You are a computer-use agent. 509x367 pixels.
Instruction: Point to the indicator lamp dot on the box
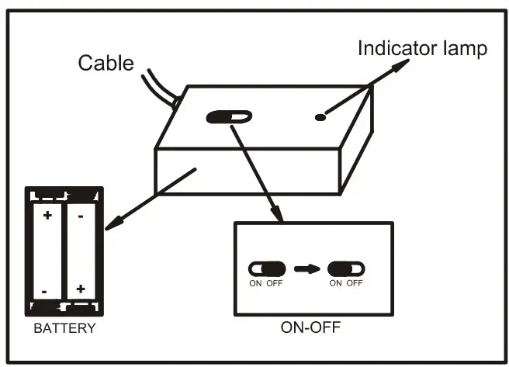[320, 118]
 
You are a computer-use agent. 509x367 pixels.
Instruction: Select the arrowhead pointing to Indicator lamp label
[400, 65]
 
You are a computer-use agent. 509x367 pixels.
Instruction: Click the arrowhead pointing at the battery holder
[110, 225]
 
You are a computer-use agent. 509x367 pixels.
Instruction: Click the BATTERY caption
[64, 328]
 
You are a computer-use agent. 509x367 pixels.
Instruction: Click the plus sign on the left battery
[47, 215]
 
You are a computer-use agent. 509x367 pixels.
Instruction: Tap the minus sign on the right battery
[81, 215]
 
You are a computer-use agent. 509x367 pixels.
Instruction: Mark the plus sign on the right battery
[81, 289]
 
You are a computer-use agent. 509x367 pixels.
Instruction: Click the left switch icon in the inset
[266, 268]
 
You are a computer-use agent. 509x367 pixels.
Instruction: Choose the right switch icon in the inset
[346, 268]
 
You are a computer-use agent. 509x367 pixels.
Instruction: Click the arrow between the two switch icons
[306, 268]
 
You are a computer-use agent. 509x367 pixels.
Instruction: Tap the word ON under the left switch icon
[254, 282]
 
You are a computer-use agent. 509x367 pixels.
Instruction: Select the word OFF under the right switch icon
[355, 282]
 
